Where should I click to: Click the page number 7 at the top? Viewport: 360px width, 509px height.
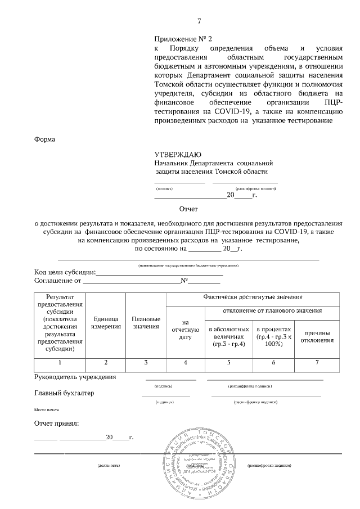click(x=199, y=22)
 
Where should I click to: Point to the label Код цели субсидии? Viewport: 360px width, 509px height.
click(x=65, y=272)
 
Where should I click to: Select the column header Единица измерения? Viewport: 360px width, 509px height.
click(x=106, y=322)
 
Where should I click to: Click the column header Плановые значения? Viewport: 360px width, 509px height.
click(x=146, y=322)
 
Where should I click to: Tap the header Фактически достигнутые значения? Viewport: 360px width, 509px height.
click(x=253, y=297)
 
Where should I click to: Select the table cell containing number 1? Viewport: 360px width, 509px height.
click(x=60, y=362)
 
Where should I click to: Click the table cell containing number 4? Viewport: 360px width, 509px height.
click(x=185, y=362)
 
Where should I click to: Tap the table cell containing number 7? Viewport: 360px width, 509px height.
click(x=317, y=362)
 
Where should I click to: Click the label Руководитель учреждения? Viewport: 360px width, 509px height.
click(x=75, y=377)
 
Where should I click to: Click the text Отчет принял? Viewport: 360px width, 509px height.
click(x=57, y=422)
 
